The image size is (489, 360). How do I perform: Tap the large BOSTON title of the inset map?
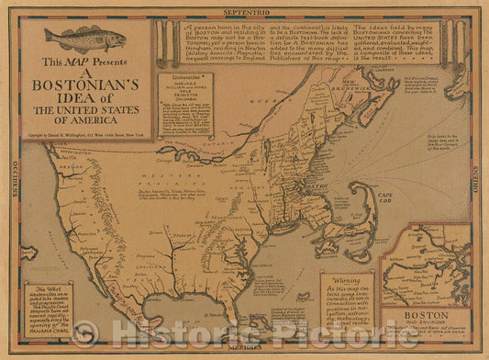(x=426, y=314)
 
